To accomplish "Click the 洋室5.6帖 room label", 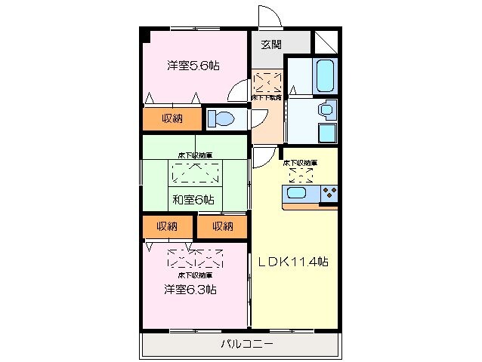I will click(x=193, y=66).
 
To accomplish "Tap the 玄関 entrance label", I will click(x=271, y=44).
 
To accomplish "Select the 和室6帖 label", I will click(x=193, y=200).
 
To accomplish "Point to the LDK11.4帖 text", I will click(x=294, y=262).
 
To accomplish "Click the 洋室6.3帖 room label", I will click(x=190, y=289).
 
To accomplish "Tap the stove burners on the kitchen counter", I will click(x=329, y=195).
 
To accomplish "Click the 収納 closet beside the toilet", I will click(x=171, y=118).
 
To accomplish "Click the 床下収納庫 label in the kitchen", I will click(x=300, y=162).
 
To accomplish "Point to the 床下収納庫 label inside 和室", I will click(x=194, y=155).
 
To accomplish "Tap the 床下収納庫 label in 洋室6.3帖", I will click(x=194, y=275).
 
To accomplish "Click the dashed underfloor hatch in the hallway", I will click(x=267, y=81).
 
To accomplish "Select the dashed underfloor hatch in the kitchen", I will click(x=300, y=175).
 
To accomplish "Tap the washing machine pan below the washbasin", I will click(x=326, y=133).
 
